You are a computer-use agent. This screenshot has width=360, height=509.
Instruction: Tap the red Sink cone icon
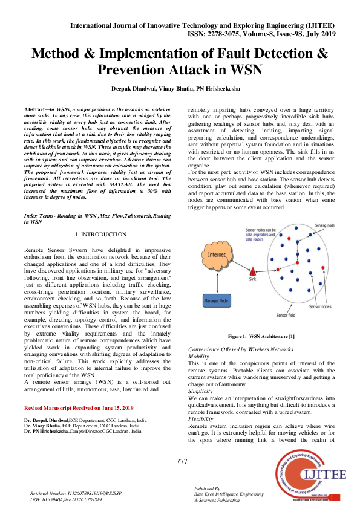coord(254,271)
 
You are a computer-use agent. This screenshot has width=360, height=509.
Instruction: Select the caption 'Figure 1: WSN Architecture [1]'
coord(261,336)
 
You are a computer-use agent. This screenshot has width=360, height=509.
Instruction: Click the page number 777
coord(182,462)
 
